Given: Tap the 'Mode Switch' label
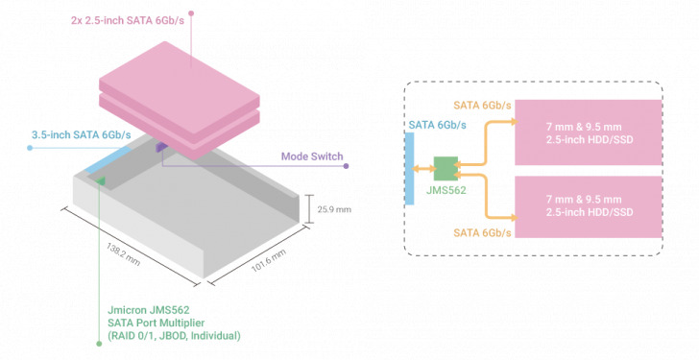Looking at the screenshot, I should coord(311,156).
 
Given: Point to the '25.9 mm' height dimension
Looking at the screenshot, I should coord(330,207).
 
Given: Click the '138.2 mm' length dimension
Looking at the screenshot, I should coord(125,254).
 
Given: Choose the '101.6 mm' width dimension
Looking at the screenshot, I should coord(268,263).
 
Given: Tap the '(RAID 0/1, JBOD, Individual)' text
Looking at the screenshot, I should coord(174,336).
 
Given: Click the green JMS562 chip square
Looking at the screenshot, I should coord(446,169).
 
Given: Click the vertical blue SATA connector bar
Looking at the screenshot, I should coord(409,168).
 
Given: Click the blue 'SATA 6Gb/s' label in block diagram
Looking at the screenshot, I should coord(439,124).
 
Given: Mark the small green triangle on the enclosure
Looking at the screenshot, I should coord(101,180).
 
